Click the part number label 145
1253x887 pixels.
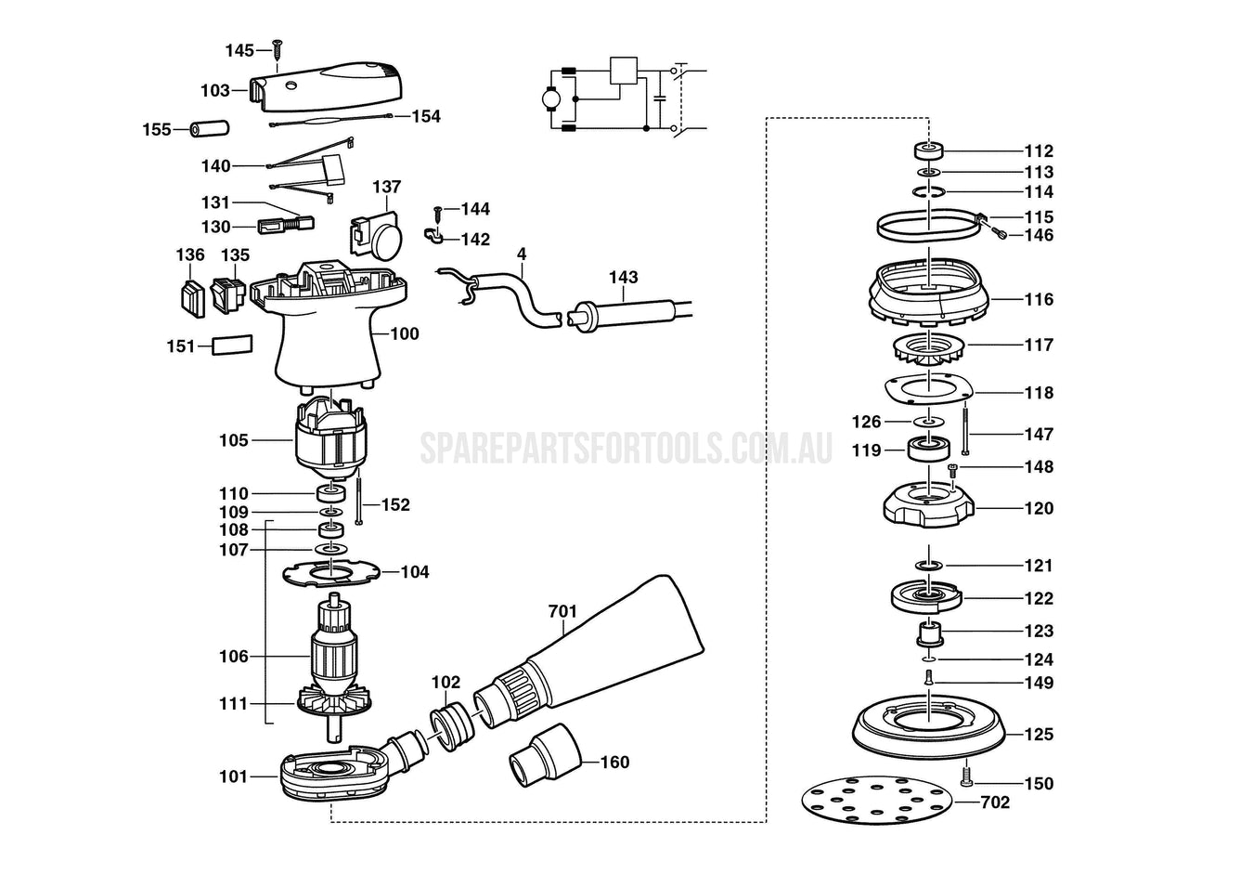point(239,50)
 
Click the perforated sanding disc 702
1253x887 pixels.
point(877,800)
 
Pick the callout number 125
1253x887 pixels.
point(1039,734)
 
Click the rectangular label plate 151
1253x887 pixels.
point(232,345)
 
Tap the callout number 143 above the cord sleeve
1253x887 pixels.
point(623,277)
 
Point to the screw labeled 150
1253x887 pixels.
point(966,773)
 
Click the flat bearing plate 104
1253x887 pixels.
point(332,573)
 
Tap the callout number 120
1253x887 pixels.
point(1039,508)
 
